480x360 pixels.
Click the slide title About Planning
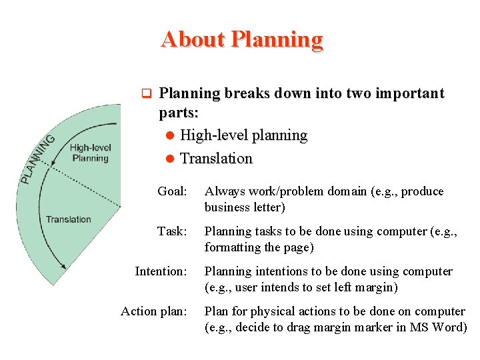(x=241, y=39)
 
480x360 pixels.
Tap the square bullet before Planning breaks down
(x=148, y=93)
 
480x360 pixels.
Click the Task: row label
(x=172, y=231)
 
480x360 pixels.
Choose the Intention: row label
(x=161, y=271)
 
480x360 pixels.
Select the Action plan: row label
(x=154, y=311)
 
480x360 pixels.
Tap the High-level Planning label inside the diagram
(x=89, y=153)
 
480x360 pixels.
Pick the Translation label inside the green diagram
(x=69, y=219)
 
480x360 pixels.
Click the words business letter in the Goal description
(x=245, y=207)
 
